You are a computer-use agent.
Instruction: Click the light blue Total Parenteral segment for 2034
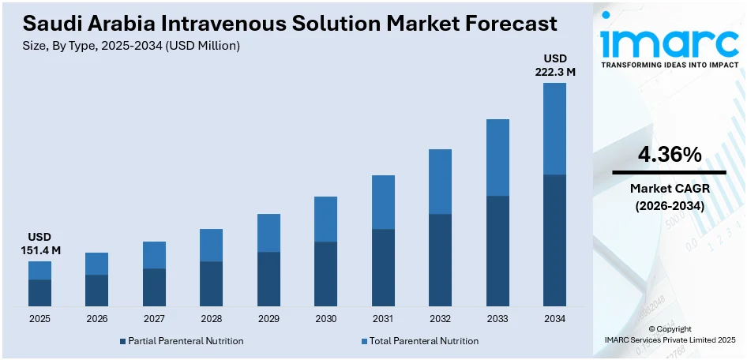tap(554, 128)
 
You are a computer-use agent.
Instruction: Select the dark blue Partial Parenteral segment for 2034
tap(554, 240)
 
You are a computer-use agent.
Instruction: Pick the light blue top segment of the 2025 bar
tap(39, 270)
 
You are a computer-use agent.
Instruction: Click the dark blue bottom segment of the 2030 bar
tap(325, 273)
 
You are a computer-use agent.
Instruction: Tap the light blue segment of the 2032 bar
tap(440, 182)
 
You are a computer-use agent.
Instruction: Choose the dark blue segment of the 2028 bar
tap(211, 283)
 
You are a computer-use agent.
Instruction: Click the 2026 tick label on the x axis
tap(96, 319)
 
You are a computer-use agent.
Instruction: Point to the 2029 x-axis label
tap(268, 319)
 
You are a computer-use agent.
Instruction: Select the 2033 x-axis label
tap(497, 319)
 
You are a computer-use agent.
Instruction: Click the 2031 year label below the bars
tap(383, 319)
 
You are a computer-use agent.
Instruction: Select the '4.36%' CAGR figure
tap(670, 156)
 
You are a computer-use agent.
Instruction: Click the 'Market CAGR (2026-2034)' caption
tap(670, 197)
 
